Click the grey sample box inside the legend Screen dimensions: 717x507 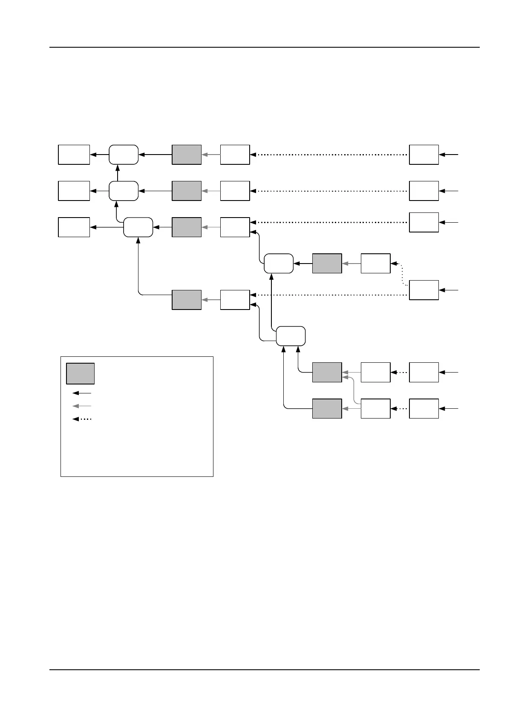coord(80,373)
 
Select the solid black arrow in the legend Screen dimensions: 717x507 coord(82,393)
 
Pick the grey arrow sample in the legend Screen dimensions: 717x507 coord(82,406)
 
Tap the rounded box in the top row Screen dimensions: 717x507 coord(124,155)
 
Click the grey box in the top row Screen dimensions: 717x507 coord(187,155)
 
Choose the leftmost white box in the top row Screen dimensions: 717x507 coord(74,155)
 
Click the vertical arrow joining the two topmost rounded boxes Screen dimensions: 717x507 coord(118,172)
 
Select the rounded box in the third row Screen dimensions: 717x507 coord(138,227)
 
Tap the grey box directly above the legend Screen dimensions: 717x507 coord(187,300)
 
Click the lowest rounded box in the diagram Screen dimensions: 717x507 coord(291,336)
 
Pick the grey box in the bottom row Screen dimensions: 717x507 coord(327,409)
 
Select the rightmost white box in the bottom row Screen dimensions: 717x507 coord(424,409)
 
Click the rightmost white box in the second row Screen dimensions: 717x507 coord(424,191)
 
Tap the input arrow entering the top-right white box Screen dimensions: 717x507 coord(449,155)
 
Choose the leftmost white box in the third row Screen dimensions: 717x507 coord(74,227)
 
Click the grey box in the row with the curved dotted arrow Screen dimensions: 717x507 coord(327,264)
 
